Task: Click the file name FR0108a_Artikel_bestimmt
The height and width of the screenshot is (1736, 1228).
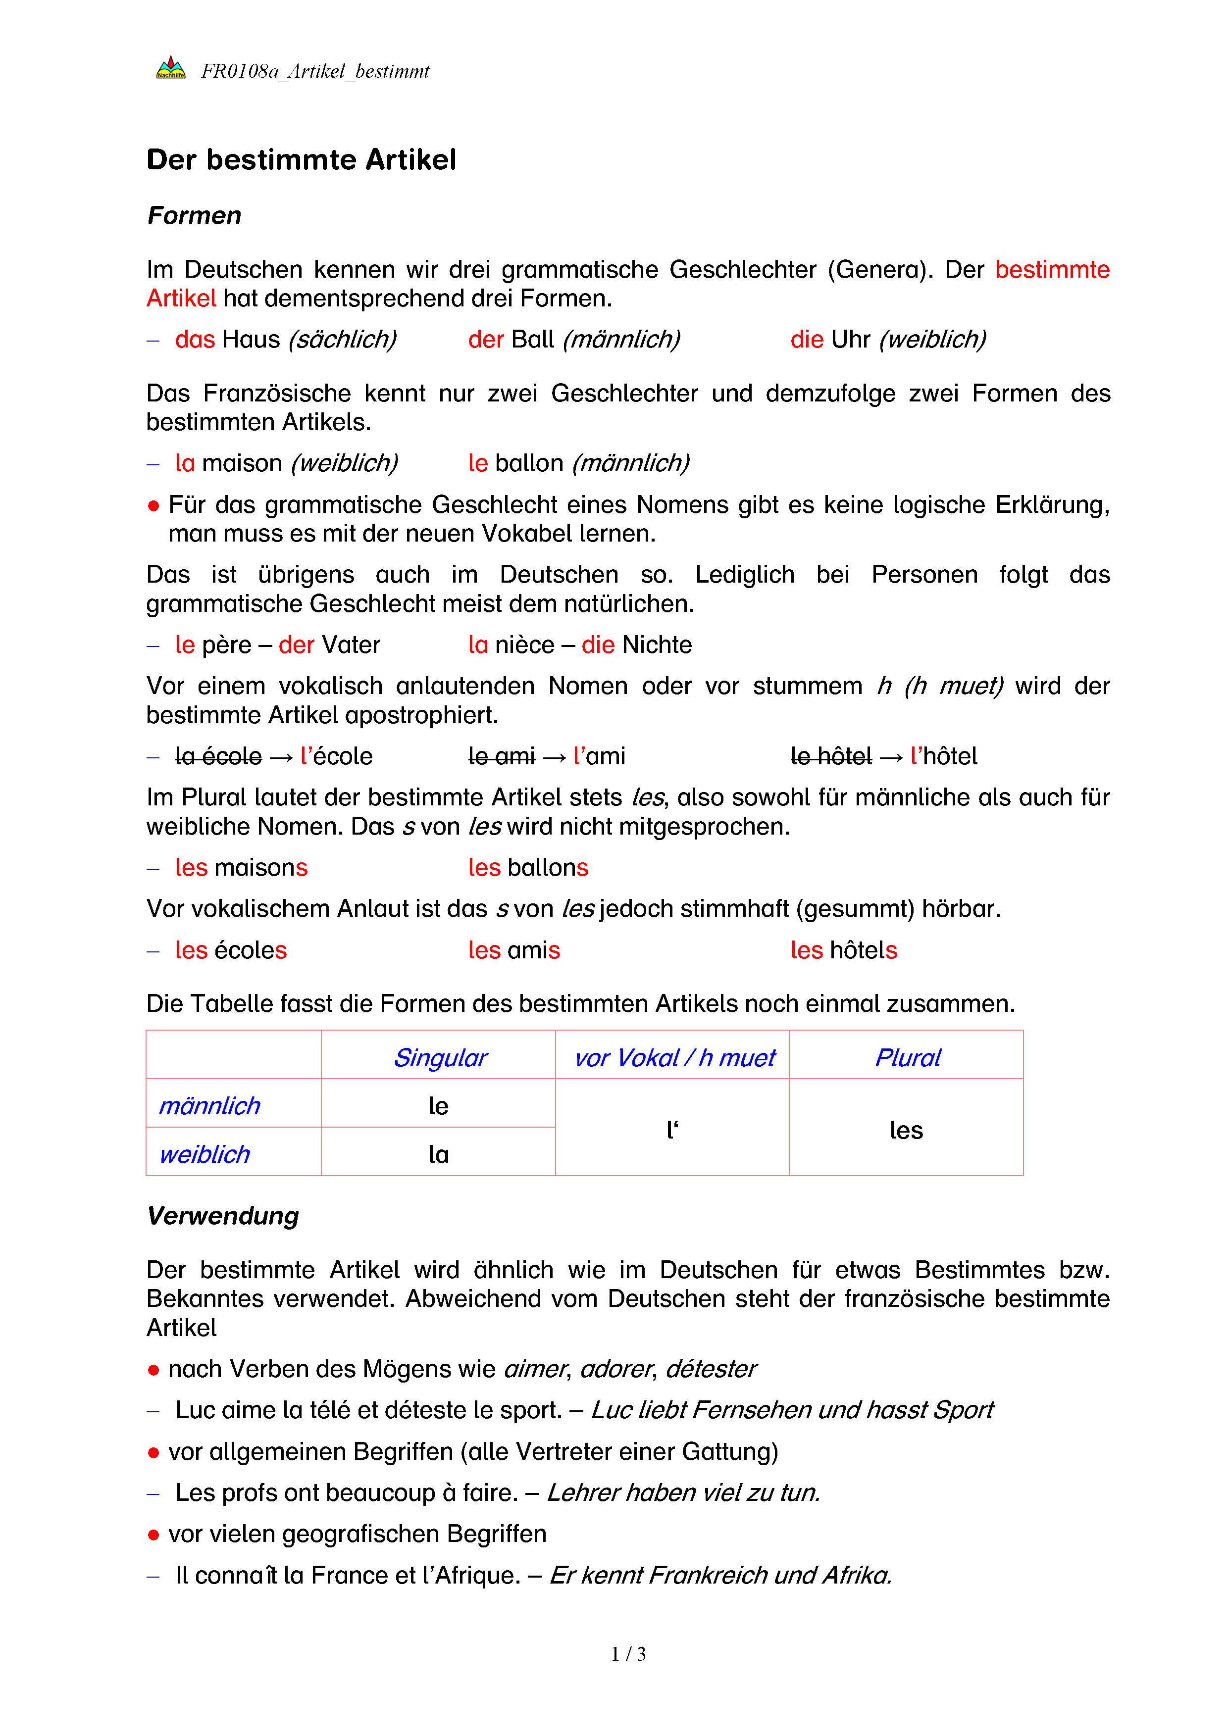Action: (x=314, y=71)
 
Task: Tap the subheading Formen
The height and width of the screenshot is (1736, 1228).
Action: (x=194, y=215)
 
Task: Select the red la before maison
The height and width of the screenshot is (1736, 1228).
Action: (x=185, y=463)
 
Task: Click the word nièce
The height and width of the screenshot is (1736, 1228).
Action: (x=525, y=645)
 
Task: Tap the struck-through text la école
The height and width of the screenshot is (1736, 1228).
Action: (x=218, y=756)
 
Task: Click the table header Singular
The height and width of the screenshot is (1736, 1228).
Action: (x=440, y=1058)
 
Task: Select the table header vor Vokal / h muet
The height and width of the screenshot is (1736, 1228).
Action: (x=674, y=1058)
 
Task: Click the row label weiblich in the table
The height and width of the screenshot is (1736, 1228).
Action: (x=204, y=1154)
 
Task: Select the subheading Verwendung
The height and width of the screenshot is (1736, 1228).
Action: (x=223, y=1216)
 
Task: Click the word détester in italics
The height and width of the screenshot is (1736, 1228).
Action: (x=711, y=1369)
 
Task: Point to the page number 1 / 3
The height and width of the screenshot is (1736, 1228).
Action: (x=628, y=1654)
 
